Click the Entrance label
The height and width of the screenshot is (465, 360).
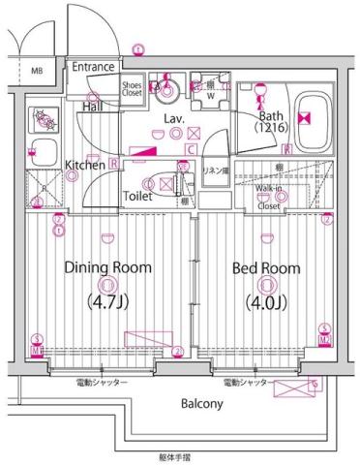[x=95, y=67]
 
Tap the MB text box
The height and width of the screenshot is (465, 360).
[x=37, y=71]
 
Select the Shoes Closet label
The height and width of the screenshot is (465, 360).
[x=132, y=89]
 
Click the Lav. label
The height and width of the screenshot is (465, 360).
[x=174, y=118]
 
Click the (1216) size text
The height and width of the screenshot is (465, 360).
[x=269, y=127]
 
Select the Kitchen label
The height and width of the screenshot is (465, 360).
[x=84, y=167]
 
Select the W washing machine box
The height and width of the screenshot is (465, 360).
[x=210, y=94]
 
